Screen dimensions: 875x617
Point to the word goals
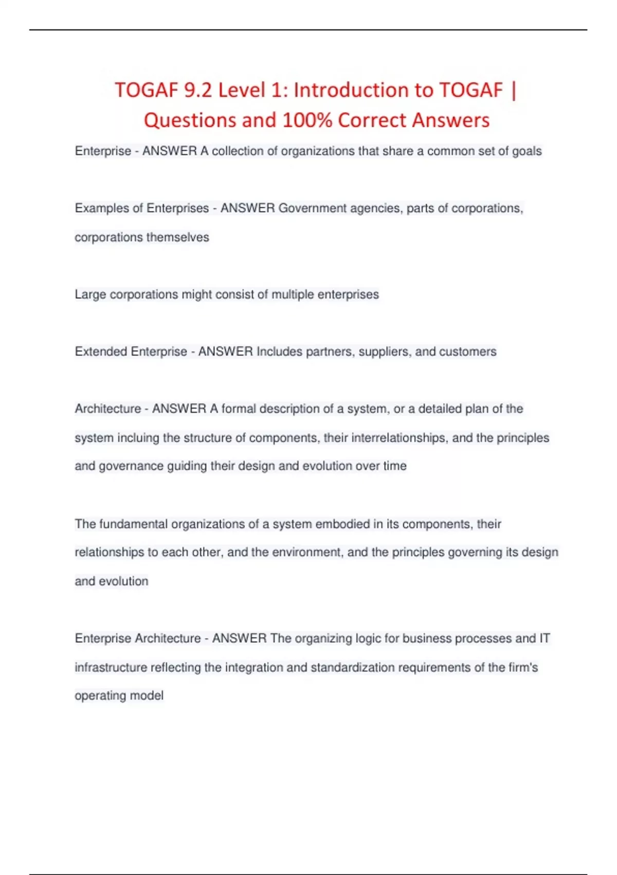pyautogui.click(x=527, y=151)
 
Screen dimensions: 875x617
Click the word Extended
pyautogui.click(x=101, y=352)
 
